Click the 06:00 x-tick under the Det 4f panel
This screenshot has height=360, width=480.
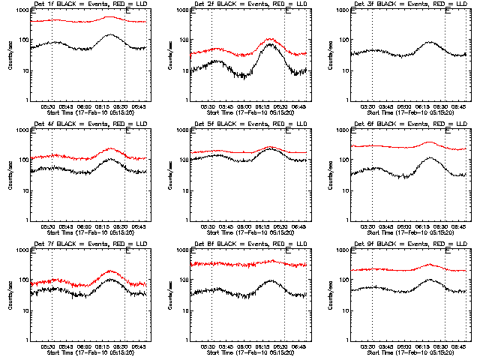click(82, 226)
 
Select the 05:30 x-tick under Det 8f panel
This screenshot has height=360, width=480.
click(208, 346)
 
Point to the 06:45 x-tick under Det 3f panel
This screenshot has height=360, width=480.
click(458, 106)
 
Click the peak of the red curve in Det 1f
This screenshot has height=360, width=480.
click(110, 16)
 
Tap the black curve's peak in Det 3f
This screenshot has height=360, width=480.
click(430, 43)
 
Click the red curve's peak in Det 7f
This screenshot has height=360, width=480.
click(110, 271)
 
